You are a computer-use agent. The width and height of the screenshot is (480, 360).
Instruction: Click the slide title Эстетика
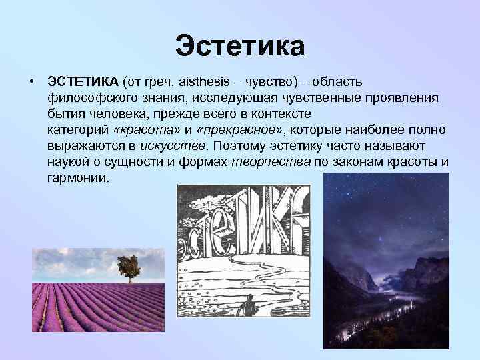tap(240, 47)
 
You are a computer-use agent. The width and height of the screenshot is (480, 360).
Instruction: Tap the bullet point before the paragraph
tap(31, 81)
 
